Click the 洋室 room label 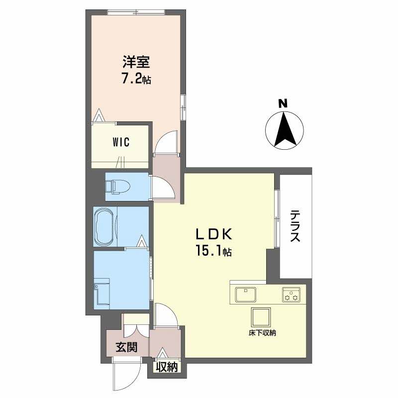click(136, 62)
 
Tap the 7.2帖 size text click(136, 80)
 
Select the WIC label click(121, 142)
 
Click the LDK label click(213, 234)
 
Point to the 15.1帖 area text click(213, 251)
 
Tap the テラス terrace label click(295, 226)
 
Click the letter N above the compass click(283, 103)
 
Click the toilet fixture click(117, 187)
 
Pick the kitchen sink click(245, 295)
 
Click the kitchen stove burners click(291, 295)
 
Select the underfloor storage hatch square click(261, 317)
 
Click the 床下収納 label click(262, 333)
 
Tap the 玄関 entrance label click(127, 347)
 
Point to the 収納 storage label click(167, 367)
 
